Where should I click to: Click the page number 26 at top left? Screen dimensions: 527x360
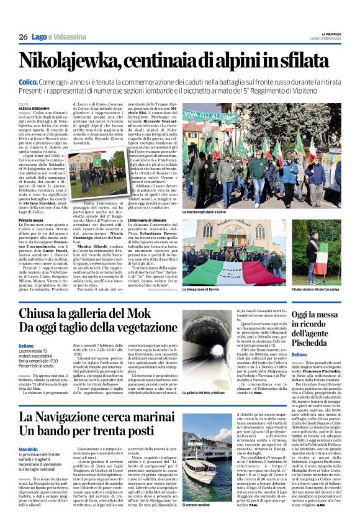[23, 37]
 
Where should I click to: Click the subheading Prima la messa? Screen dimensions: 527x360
[31, 220]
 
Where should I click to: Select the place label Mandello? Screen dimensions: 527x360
[29, 448]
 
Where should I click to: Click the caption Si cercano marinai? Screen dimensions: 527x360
[199, 505]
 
